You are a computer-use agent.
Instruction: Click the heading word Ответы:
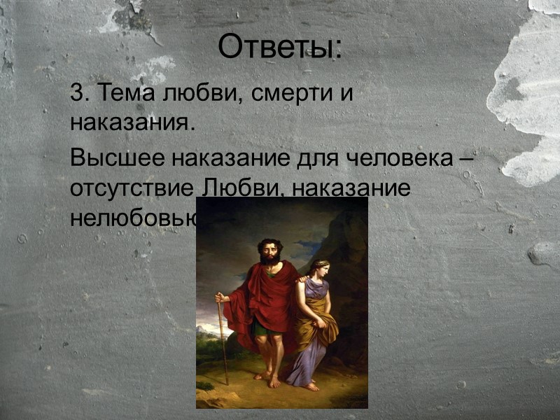[280, 48]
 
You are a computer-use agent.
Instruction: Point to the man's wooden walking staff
[223, 343]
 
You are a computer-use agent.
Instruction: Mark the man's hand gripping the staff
[221, 298]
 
